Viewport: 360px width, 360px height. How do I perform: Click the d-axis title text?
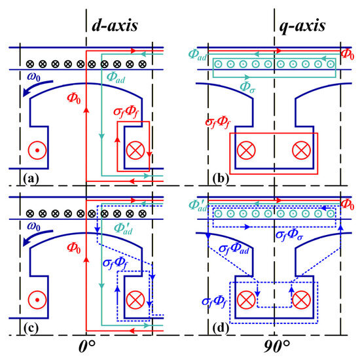point(115,26)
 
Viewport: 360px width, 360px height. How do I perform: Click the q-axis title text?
point(302,26)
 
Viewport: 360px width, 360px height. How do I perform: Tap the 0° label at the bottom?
point(87,346)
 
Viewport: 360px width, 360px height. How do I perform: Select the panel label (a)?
point(31,179)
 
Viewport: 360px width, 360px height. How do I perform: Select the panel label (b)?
point(221,179)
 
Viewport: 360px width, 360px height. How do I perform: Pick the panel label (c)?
point(31,329)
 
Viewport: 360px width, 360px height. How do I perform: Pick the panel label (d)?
point(221,329)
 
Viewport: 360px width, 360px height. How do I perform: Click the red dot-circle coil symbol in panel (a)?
point(37,151)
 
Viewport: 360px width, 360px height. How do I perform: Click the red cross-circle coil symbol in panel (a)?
point(135,151)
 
